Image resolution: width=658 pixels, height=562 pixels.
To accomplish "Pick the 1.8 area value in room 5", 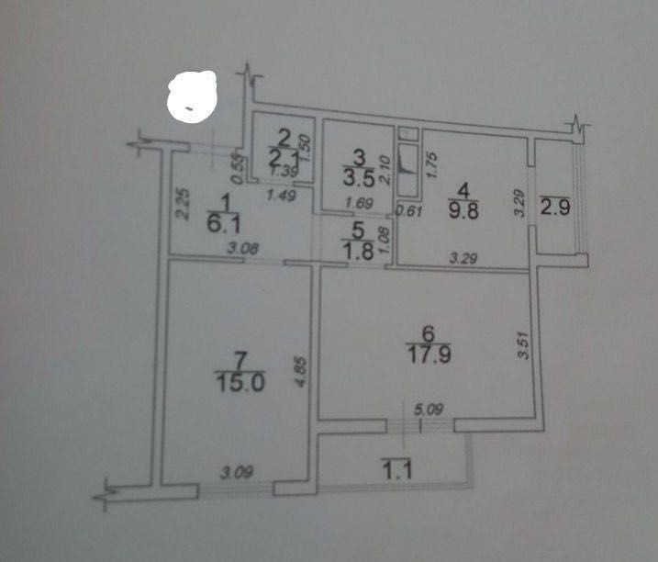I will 359,253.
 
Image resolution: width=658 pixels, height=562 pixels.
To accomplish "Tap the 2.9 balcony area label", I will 557,207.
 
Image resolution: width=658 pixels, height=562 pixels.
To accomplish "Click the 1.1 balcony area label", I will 396,473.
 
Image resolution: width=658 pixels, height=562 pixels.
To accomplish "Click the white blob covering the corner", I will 192,97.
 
